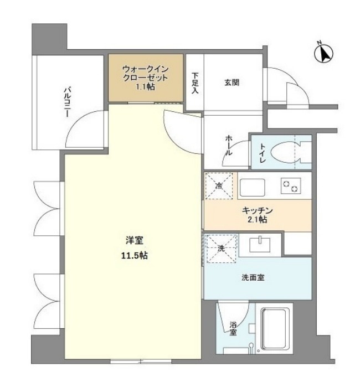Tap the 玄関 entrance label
pos(232,83)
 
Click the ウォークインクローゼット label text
pos(145,73)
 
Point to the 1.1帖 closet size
pos(145,87)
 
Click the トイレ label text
pos(262,152)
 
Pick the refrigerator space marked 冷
pos(219,186)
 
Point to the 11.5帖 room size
pos(133,255)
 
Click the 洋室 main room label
pos(133,241)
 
